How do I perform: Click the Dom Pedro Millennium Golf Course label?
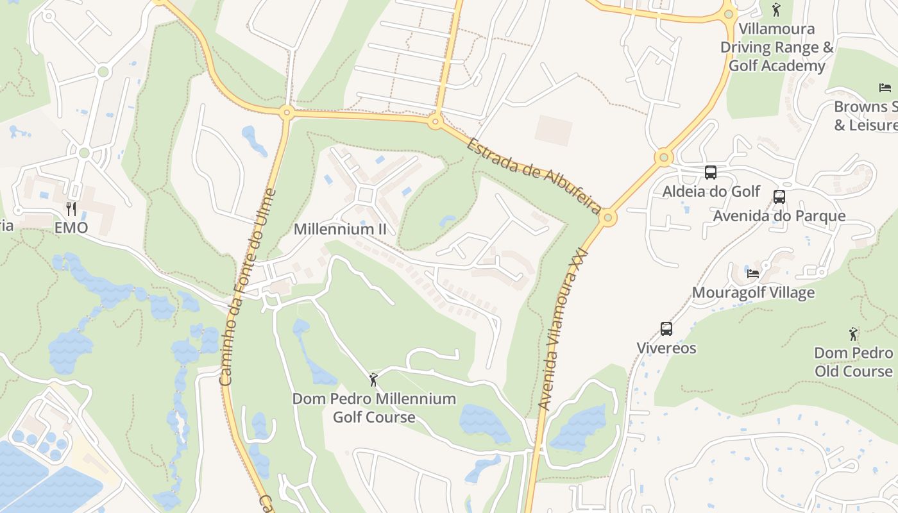click(x=374, y=408)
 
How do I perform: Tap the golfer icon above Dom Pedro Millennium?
click(x=374, y=380)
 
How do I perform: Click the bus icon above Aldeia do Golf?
click(x=710, y=172)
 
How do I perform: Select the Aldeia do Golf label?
click(x=711, y=191)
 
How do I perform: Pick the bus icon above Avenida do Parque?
click(x=779, y=197)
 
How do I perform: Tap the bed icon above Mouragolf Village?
click(x=753, y=273)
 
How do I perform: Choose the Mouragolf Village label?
click(x=753, y=292)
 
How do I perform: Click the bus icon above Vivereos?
click(x=666, y=329)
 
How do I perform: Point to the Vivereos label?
click(x=666, y=348)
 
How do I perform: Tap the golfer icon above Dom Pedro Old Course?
click(x=853, y=334)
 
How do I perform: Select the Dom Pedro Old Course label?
click(x=853, y=362)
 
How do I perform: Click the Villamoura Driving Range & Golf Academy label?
click(x=776, y=47)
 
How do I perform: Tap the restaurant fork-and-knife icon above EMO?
click(x=71, y=208)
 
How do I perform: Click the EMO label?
click(x=71, y=228)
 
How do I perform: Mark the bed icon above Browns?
click(x=885, y=87)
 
